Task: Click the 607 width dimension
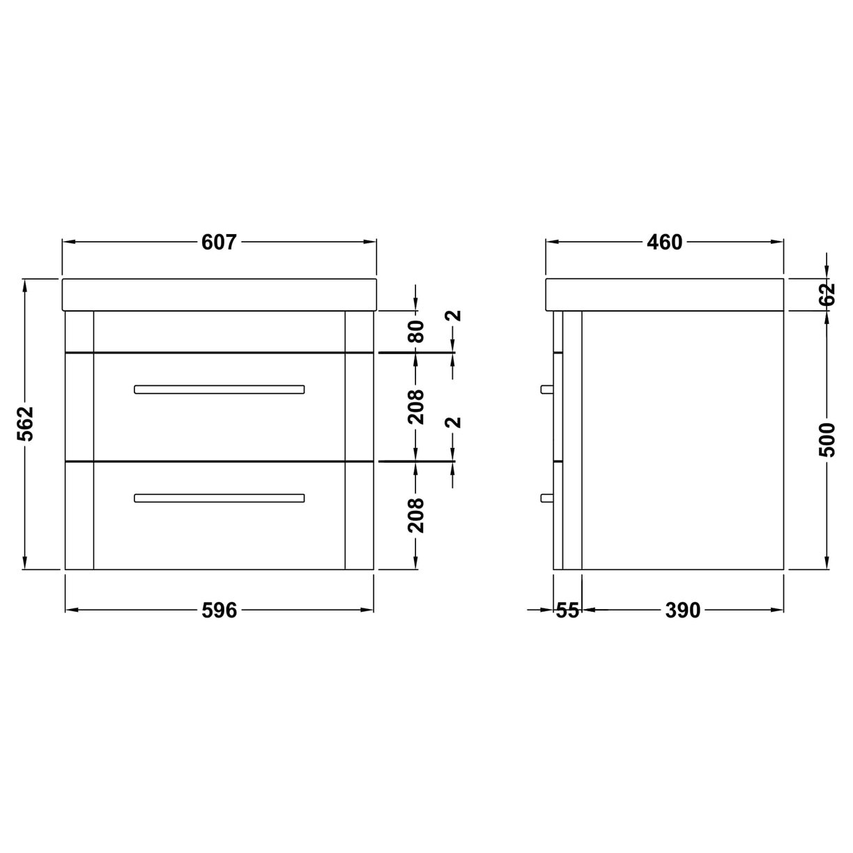coord(220,243)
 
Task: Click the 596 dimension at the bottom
coord(220,610)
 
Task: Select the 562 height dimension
coord(26,424)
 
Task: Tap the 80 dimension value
coord(416,331)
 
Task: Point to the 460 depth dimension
coord(664,243)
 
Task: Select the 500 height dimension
coord(827,439)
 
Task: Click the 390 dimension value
coord(682,610)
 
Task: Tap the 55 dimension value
coord(567,610)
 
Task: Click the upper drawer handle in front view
coord(220,389)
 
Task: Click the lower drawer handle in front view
coord(220,498)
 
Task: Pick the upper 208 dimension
coord(416,406)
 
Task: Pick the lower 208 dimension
coord(416,515)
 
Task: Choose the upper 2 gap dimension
coord(454,315)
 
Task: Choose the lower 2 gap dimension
coord(454,423)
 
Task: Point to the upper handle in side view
coord(547,389)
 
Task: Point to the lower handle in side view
coord(547,498)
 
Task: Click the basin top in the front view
coord(220,294)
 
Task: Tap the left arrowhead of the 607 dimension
coord(68,243)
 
